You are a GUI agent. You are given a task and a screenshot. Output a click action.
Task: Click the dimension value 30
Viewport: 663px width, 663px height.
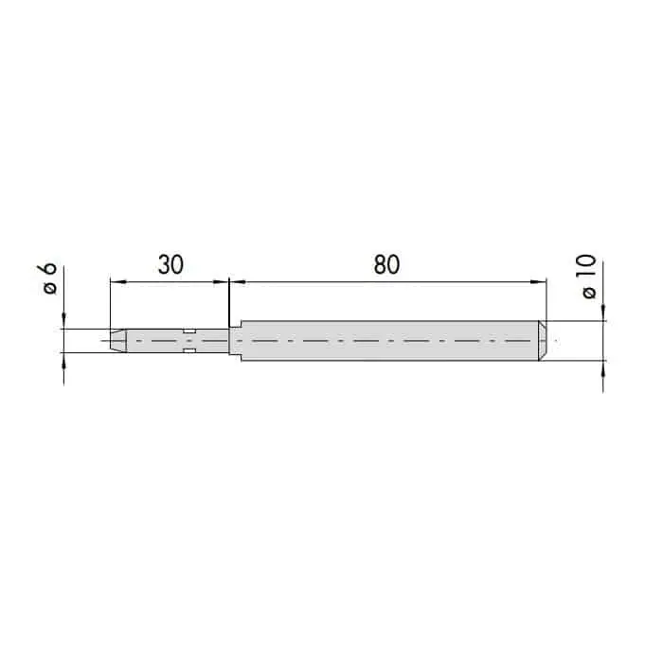170,264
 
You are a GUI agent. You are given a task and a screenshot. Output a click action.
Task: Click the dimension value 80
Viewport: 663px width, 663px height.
386,264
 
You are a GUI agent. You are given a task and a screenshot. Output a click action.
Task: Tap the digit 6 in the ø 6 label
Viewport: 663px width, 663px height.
49,269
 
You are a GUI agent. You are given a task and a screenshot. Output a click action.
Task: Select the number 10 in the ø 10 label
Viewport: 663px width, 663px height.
587,266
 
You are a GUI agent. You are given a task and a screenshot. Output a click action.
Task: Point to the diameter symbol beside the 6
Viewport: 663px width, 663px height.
50,288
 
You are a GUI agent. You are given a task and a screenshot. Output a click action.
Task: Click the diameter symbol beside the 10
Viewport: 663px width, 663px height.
589,293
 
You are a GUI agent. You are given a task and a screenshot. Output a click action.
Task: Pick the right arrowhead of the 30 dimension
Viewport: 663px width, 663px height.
221,282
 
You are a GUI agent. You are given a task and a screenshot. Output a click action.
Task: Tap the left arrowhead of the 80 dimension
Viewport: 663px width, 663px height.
238,282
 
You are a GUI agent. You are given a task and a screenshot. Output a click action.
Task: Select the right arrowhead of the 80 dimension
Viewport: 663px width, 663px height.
538,282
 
